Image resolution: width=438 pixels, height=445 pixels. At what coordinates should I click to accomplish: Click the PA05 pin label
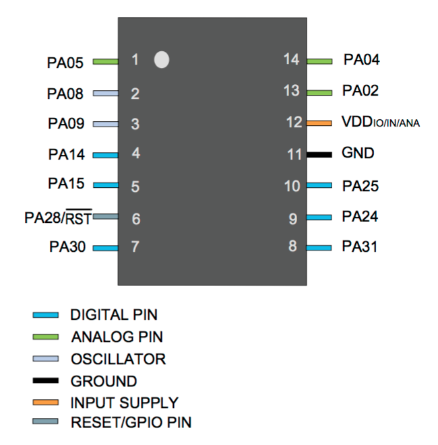[x=65, y=63]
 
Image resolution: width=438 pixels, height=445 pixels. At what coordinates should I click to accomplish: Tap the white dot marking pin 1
[x=161, y=60]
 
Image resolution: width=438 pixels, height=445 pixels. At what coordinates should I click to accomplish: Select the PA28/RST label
[x=57, y=217]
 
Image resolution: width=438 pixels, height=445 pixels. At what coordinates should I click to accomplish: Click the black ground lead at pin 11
[x=319, y=154]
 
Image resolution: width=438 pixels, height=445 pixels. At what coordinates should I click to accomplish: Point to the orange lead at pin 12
[x=319, y=123]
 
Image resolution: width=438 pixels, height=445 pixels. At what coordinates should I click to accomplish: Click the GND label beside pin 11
[x=358, y=153]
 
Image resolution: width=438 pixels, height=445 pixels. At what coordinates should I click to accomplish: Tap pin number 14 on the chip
[x=292, y=60]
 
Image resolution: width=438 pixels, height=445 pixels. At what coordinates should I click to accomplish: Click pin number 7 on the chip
[x=135, y=246]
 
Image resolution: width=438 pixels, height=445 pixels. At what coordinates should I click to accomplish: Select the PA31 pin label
[x=360, y=247]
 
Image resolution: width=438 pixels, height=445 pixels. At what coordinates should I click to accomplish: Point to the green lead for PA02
[x=319, y=91]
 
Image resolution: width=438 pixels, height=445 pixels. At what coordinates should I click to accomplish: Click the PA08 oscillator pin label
[x=65, y=94]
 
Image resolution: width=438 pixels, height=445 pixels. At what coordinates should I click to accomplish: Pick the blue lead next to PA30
[x=105, y=248]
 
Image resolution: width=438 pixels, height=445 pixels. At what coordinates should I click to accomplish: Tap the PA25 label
[x=361, y=185]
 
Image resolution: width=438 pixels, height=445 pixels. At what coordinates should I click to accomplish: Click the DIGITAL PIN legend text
[x=114, y=314]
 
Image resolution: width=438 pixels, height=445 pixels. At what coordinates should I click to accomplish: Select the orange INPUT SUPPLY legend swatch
[x=46, y=403]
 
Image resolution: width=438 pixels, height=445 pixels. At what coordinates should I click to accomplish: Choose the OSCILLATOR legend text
[x=118, y=359]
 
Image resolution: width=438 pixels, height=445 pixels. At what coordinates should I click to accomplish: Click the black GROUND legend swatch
[x=46, y=381]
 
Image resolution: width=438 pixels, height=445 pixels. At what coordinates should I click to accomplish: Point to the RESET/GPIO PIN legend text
[x=131, y=423]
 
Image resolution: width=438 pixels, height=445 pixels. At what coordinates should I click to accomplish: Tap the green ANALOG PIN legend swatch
[x=46, y=337]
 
